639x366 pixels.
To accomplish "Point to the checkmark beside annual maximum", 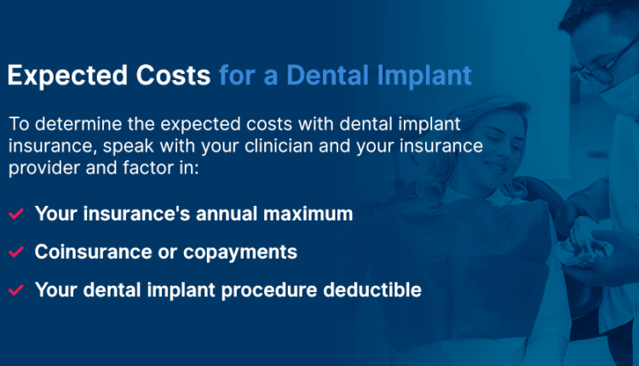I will (x=15, y=214).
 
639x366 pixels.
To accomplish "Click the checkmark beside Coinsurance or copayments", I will (x=15, y=253).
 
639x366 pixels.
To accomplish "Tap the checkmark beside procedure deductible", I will (x=15, y=290).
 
